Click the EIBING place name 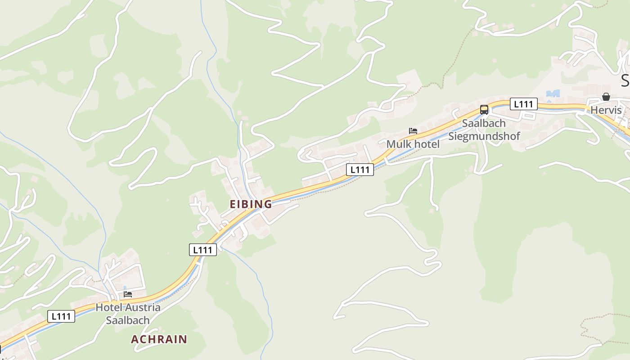point(251,204)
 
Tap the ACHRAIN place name point(159,339)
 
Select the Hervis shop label point(606,110)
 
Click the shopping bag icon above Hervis point(606,97)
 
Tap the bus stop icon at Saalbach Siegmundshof point(484,109)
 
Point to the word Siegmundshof point(484,136)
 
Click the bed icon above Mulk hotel point(413,131)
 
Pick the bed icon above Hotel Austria point(128,294)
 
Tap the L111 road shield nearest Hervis point(523,104)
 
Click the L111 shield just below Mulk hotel point(360,170)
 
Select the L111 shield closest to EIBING point(202,250)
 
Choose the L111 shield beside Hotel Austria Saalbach point(61,316)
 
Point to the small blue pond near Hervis point(553,93)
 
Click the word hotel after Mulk point(426,144)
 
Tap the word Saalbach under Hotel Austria point(128,320)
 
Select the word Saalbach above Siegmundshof point(484,123)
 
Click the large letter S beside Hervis point(625,81)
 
